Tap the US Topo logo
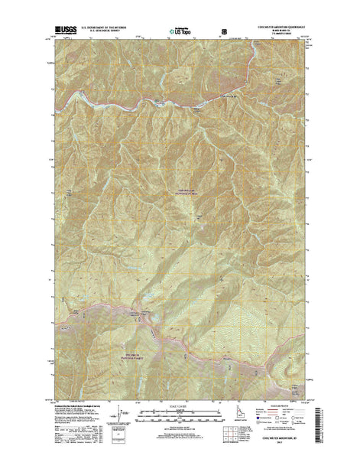(x=179, y=33)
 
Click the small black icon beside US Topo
(x=224, y=33)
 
